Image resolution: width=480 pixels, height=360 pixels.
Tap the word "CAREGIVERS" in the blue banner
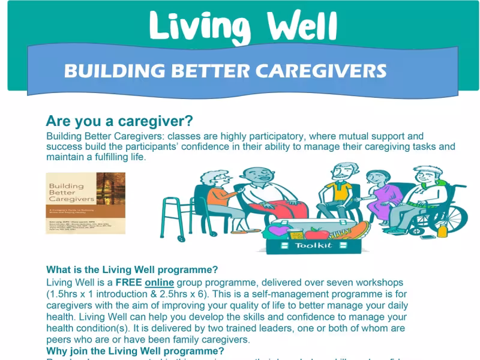coord(321,71)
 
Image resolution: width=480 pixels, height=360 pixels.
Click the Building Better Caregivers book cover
coord(86,203)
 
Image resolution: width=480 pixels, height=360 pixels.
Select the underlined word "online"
coord(160,283)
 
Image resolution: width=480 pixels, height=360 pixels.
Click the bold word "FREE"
coord(128,283)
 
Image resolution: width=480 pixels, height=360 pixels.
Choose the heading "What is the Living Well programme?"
coord(132,269)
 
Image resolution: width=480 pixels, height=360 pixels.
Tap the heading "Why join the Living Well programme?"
coord(135,351)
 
